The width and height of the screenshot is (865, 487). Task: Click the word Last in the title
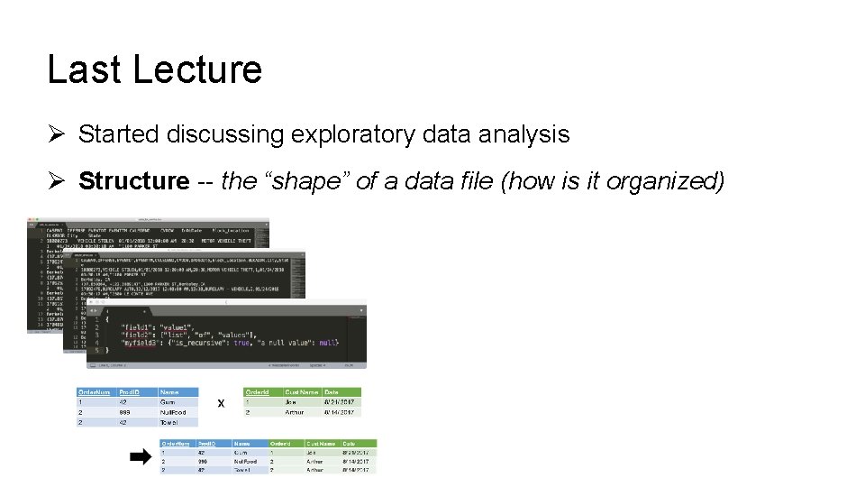point(76,69)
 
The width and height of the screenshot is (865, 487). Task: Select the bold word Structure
point(133,181)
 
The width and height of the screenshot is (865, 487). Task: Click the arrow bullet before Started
point(55,135)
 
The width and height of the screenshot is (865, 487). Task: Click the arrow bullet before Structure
point(55,181)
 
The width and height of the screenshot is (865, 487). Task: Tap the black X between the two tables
point(221,403)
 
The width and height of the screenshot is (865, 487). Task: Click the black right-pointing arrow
point(140,457)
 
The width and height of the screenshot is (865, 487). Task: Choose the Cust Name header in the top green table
point(302,392)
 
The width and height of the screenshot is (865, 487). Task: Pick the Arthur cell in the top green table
point(296,412)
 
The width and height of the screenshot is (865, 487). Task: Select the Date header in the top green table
point(332,392)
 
